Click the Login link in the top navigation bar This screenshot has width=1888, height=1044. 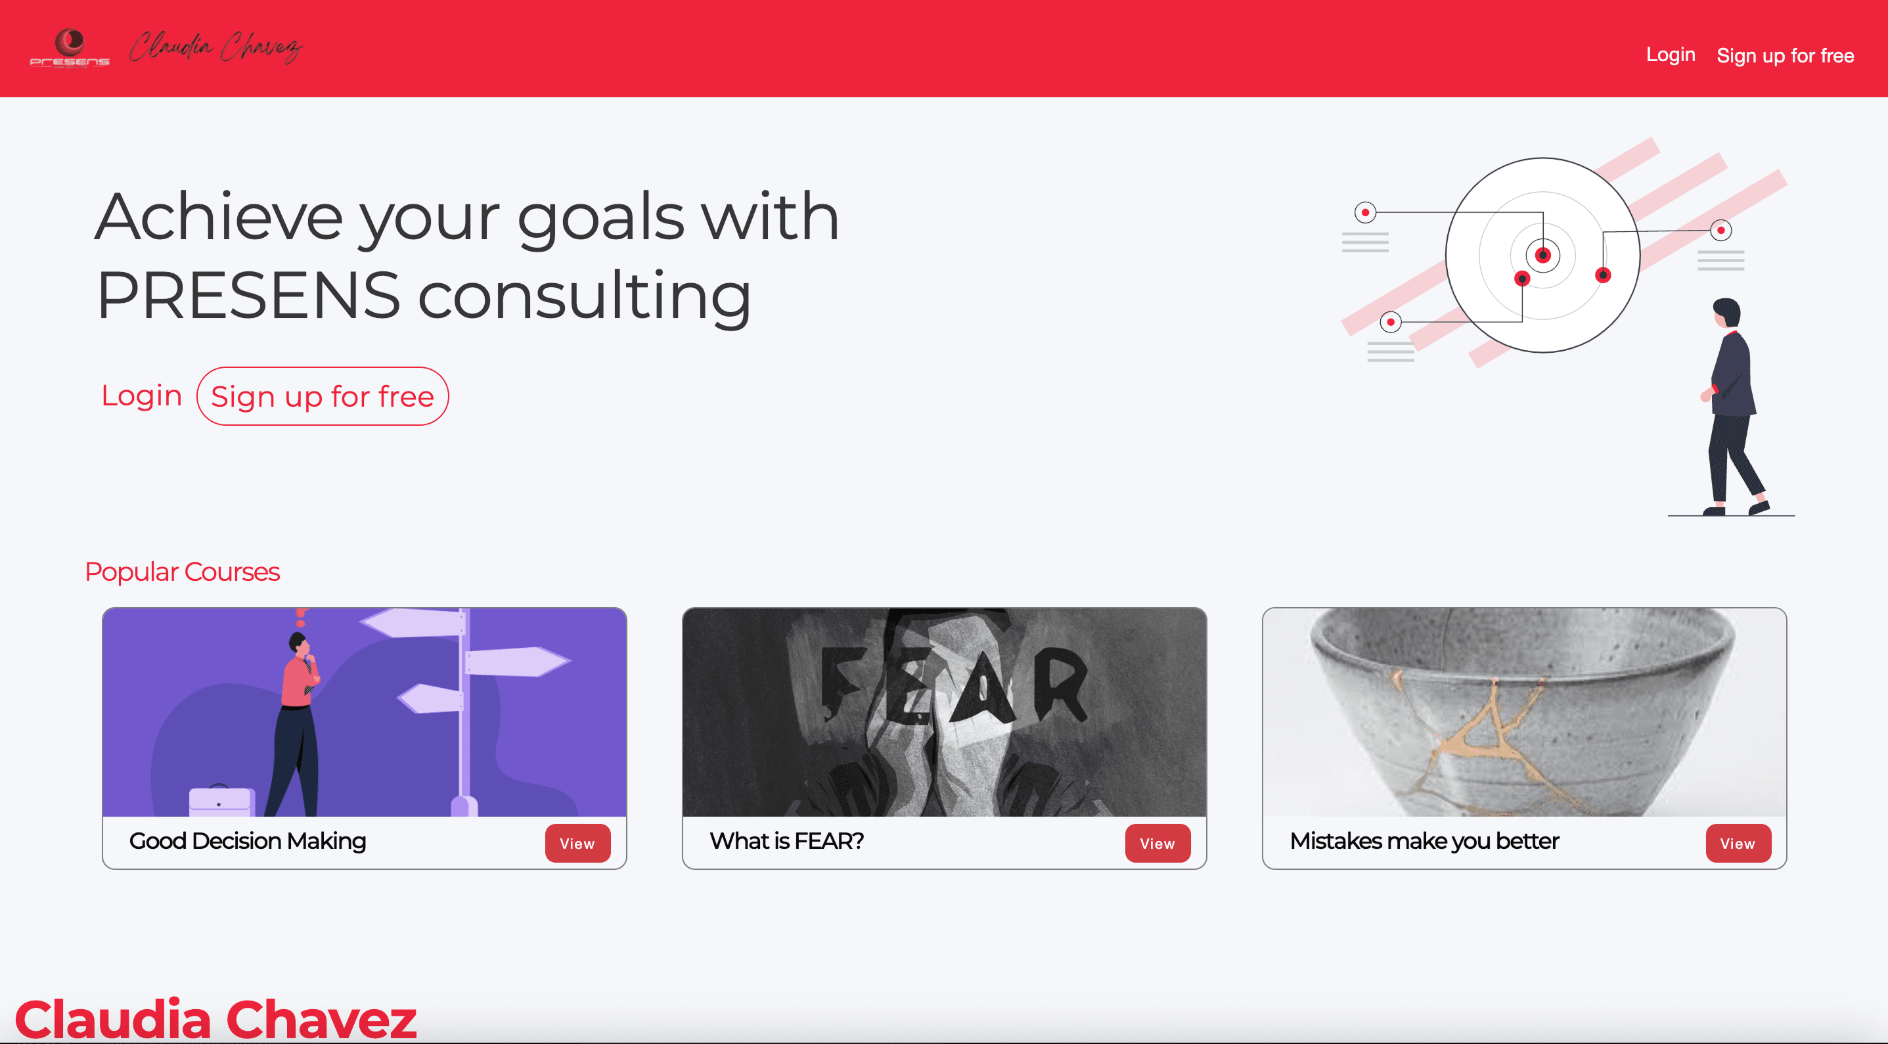[1671, 55]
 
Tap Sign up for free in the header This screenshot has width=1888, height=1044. [1785, 56]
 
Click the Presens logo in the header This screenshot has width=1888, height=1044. [70, 49]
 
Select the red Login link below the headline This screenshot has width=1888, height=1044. [141, 396]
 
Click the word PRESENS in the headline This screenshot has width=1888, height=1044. [248, 296]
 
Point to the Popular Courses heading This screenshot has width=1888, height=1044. [183, 572]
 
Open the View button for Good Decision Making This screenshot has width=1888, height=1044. [577, 843]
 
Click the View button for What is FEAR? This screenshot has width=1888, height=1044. [1158, 843]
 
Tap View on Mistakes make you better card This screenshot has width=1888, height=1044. [1738, 843]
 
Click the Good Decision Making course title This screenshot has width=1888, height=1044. [248, 841]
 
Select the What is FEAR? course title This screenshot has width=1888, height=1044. [787, 841]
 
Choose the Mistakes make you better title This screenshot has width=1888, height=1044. [1424, 841]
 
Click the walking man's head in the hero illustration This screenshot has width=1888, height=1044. [1727, 313]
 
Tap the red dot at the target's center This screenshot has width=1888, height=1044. [1543, 255]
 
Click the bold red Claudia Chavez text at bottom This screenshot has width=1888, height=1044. [215, 1019]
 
